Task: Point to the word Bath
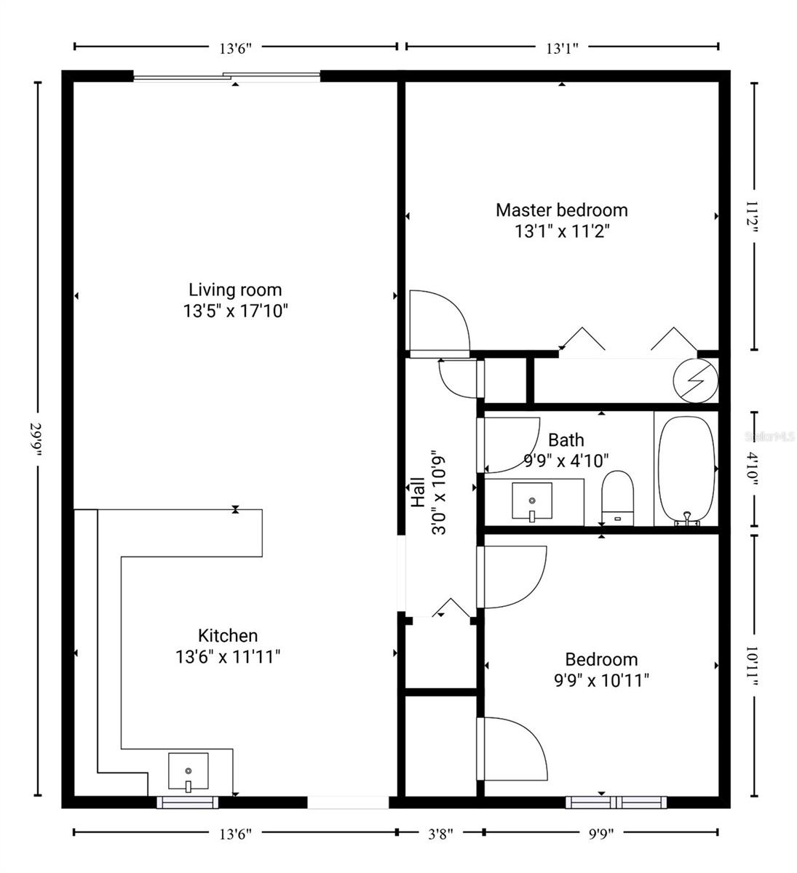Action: click(x=566, y=440)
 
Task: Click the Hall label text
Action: click(x=418, y=493)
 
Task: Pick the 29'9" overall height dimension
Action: click(x=35, y=439)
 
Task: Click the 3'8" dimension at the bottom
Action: click(x=440, y=834)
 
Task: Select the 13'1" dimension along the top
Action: click(x=562, y=48)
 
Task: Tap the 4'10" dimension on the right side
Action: click(x=752, y=469)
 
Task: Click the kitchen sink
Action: click(x=188, y=771)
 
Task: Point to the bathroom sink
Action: click(x=532, y=501)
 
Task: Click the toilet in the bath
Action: click(x=617, y=498)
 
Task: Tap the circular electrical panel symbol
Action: click(x=695, y=380)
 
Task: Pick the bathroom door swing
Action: click(x=512, y=445)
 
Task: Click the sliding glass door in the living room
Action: click(x=226, y=77)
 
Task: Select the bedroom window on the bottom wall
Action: click(x=616, y=802)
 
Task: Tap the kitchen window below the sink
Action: click(x=187, y=802)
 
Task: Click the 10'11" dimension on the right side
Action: click(x=752, y=666)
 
